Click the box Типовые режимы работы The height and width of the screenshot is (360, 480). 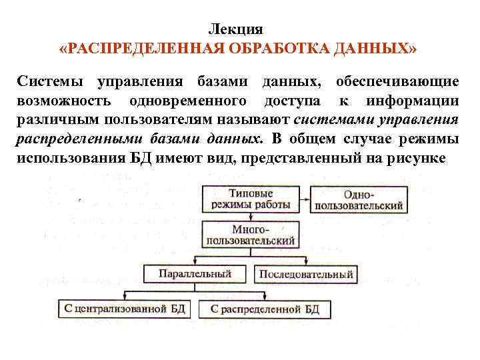click(x=251, y=198)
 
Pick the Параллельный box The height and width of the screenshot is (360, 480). click(x=195, y=273)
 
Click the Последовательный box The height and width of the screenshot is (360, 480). click(x=305, y=274)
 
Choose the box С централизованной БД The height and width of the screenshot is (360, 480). click(x=126, y=309)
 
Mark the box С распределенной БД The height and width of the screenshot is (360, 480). click(x=265, y=309)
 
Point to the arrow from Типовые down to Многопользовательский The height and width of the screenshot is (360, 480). click(x=251, y=217)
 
